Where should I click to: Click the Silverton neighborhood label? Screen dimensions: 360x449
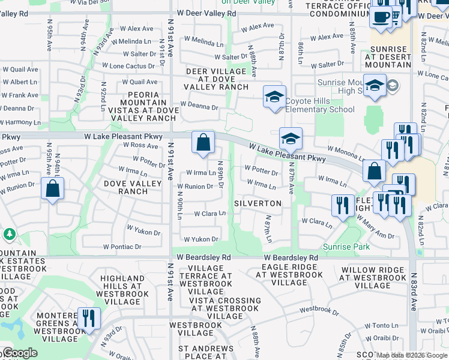(x=261, y=203)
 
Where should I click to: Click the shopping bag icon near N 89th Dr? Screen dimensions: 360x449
(x=203, y=143)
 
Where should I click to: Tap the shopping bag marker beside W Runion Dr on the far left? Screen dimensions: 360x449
(x=53, y=188)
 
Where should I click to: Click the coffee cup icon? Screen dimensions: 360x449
(x=380, y=17)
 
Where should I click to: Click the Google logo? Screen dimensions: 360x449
(x=19, y=353)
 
